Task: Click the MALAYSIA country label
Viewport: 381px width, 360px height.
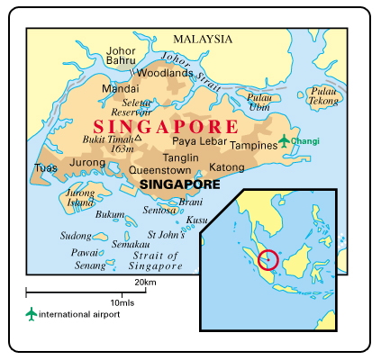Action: point(203,40)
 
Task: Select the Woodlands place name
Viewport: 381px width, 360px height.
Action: point(164,73)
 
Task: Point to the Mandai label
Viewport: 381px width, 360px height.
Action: point(120,89)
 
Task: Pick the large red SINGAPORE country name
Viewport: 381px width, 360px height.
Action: point(167,126)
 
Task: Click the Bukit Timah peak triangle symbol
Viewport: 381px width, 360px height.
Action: point(138,139)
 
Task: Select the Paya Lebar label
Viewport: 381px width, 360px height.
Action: point(198,141)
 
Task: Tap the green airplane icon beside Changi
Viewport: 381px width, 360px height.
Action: point(284,140)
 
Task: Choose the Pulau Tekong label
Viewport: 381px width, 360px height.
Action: point(322,95)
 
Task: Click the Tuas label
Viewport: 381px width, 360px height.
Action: point(45,167)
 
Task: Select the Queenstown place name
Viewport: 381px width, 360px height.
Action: point(159,168)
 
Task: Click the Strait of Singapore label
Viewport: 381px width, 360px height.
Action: point(155,260)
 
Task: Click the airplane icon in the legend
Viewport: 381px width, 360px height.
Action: point(33,313)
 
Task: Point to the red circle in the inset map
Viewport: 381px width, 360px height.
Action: point(268,260)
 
